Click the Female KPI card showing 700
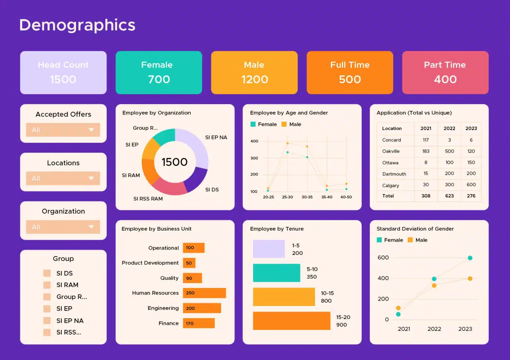(159, 72)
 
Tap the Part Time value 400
(445, 79)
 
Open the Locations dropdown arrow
(91, 178)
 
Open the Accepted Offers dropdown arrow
(91, 130)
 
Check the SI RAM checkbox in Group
(47, 285)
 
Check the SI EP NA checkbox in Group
(47, 321)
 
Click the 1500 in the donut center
(175, 162)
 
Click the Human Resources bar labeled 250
(204, 293)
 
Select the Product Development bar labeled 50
(189, 263)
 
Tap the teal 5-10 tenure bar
(276, 273)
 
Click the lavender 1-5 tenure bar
(269, 249)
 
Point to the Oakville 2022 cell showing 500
(449, 151)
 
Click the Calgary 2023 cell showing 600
(471, 184)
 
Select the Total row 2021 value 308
(426, 196)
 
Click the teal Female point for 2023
(470, 258)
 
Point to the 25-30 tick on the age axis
(287, 197)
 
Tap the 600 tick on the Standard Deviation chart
(383, 257)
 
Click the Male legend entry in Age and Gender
(291, 124)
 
